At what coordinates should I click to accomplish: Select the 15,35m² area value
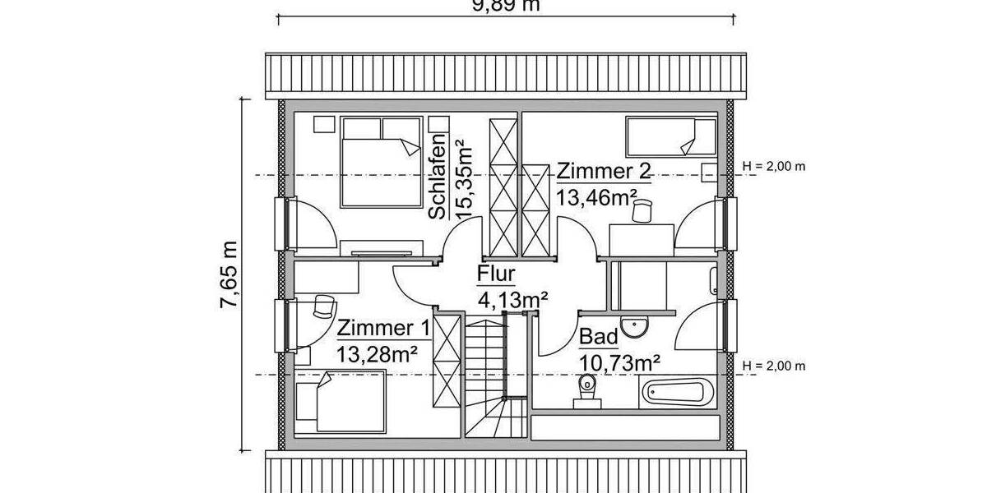click(x=466, y=177)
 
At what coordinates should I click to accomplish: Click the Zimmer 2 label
click(x=604, y=172)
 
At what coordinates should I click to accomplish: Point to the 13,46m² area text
click(x=598, y=197)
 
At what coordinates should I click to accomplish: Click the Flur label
click(x=495, y=274)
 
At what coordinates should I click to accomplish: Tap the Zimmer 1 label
click(x=383, y=329)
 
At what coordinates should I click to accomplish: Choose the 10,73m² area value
click(x=621, y=362)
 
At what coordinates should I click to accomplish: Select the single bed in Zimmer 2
click(x=670, y=136)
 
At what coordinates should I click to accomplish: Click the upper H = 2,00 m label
click(x=774, y=166)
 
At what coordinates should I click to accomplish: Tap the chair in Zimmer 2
click(x=640, y=211)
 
